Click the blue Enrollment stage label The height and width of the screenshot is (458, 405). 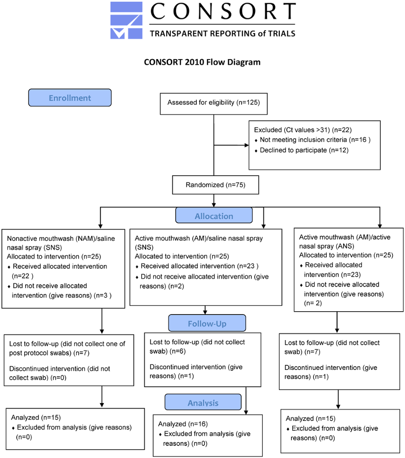click(70, 97)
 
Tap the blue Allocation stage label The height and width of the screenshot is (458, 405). click(214, 215)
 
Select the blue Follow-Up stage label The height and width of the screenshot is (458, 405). click(207, 323)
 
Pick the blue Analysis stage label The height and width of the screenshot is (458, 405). click(203, 402)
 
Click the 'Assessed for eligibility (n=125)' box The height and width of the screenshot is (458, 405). click(214, 104)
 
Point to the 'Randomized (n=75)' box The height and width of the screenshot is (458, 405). click(216, 185)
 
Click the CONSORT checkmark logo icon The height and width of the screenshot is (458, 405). click(126, 20)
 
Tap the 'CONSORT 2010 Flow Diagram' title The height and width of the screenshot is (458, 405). click(202, 62)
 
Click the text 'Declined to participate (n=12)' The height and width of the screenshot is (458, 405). click(304, 150)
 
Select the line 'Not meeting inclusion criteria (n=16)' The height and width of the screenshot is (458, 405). click(315, 140)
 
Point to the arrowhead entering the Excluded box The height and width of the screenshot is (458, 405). click(247, 145)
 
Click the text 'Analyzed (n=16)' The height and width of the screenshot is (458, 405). click(183, 424)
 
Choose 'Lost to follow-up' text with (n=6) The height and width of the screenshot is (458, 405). click(197, 347)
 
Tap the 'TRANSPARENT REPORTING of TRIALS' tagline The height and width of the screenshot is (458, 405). click(223, 34)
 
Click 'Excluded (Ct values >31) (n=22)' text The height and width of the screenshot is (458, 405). click(303, 130)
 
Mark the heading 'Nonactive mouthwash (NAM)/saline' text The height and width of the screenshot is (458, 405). click(61, 239)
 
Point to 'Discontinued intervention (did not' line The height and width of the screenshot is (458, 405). click(60, 369)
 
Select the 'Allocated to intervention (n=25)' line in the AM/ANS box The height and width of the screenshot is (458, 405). click(346, 255)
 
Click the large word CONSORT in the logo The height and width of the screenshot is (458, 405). click(223, 11)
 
